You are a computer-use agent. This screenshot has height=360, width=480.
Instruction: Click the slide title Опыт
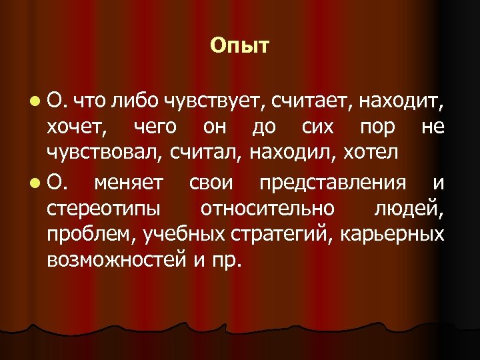[x=239, y=46]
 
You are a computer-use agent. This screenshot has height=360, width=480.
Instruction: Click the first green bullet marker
[x=34, y=101]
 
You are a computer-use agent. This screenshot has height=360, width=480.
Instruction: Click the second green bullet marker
[x=34, y=181]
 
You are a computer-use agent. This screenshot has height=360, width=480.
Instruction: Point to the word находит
[x=401, y=101]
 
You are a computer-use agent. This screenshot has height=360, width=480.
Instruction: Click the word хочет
[x=77, y=126]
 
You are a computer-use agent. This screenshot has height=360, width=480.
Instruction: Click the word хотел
[x=370, y=153]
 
